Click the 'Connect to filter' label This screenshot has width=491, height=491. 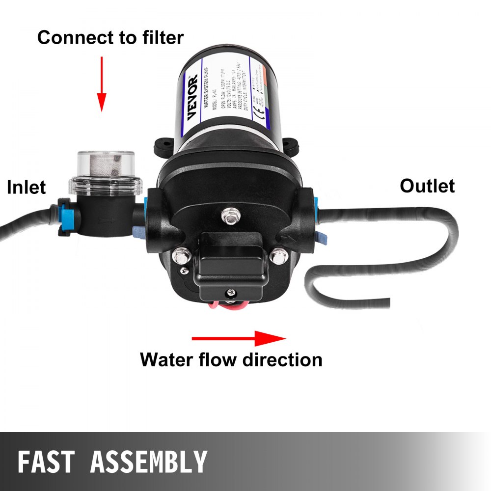[x=110, y=37]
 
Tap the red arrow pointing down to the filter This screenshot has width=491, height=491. [x=102, y=83]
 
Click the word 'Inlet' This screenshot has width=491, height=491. [x=26, y=187]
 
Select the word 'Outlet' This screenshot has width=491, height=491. [x=427, y=186]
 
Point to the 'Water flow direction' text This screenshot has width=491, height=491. [x=231, y=359]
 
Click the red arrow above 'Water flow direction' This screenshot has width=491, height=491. [x=238, y=338]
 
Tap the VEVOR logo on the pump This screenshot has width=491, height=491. [x=192, y=96]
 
